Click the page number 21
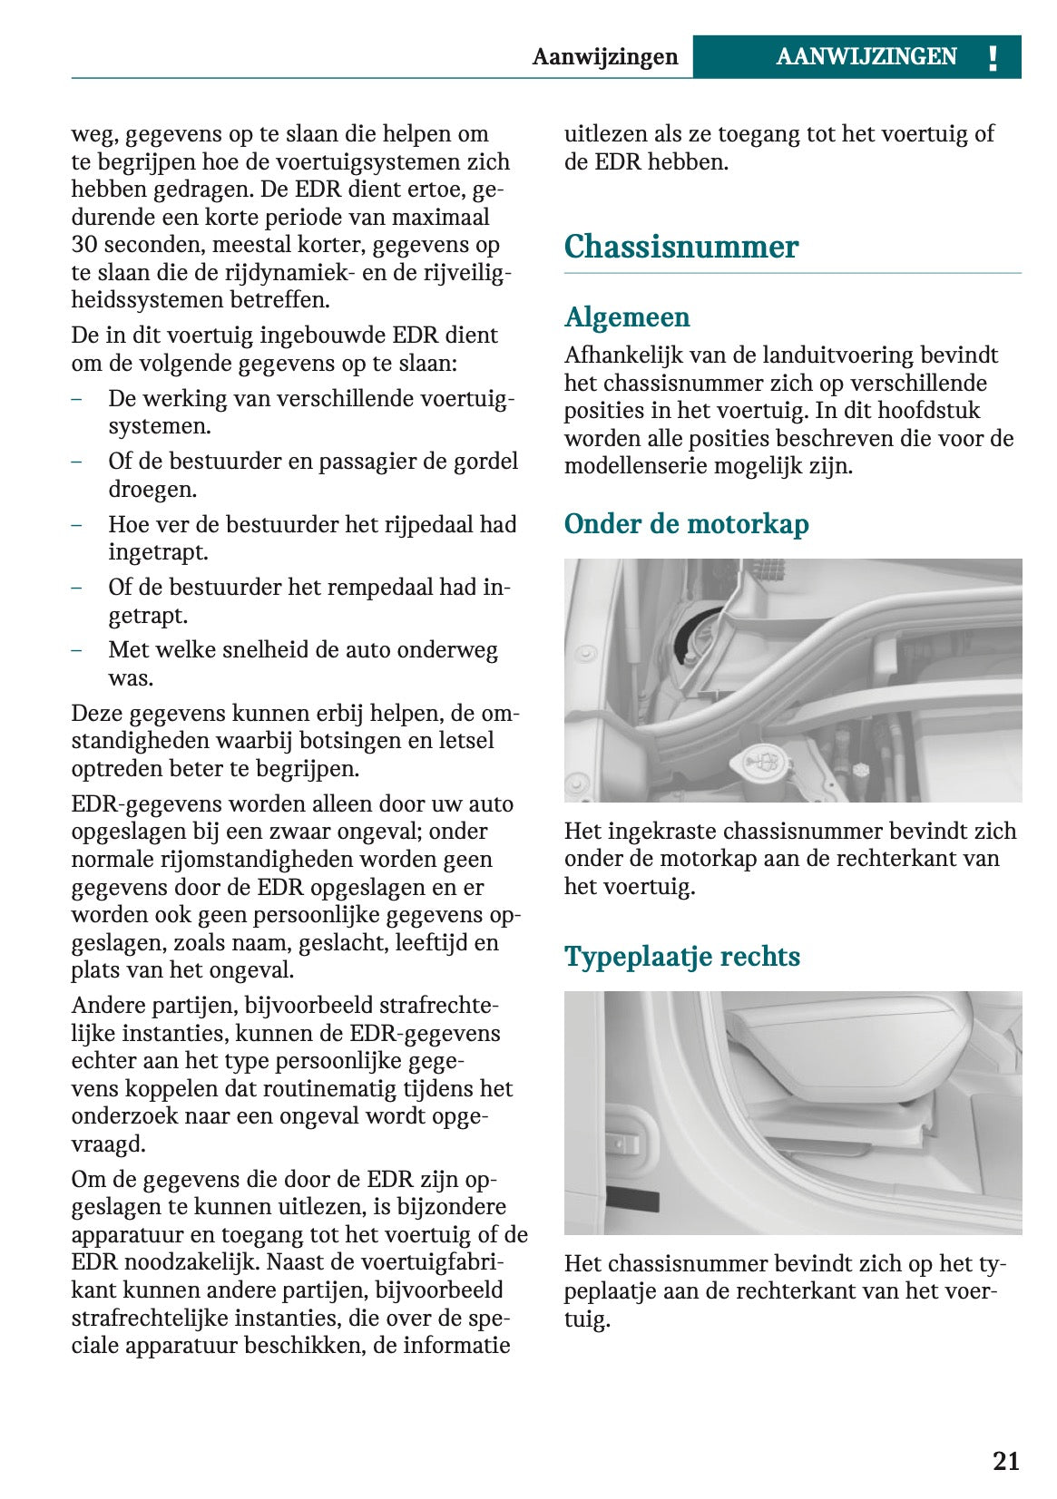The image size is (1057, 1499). [x=1005, y=1461]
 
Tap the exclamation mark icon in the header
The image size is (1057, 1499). [x=993, y=57]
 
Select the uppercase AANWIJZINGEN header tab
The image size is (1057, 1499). [x=866, y=57]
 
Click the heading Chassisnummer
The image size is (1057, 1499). [x=680, y=247]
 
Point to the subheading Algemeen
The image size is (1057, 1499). [x=627, y=316]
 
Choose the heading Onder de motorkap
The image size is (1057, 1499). [x=686, y=524]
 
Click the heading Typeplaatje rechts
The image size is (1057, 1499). [x=681, y=957]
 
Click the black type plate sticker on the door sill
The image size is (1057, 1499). [x=632, y=1199]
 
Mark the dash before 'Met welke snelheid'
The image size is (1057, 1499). [x=77, y=650]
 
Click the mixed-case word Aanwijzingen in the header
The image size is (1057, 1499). [x=604, y=57]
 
